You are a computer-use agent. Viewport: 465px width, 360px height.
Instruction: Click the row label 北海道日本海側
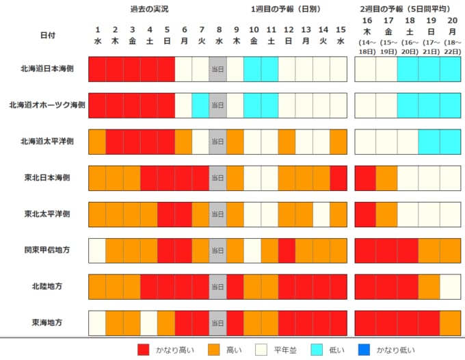(46, 69)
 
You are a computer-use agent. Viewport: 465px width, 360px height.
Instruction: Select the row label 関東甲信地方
(46, 250)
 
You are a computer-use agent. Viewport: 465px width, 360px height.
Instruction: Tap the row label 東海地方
(46, 322)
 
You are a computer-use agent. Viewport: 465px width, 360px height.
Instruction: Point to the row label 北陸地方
(46, 287)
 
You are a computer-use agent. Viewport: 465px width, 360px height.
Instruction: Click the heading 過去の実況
(148, 9)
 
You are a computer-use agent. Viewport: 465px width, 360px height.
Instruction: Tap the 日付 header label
(47, 35)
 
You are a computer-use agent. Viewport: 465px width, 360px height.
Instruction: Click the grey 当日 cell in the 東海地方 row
(217, 322)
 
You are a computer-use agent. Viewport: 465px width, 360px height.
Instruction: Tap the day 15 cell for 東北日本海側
(338, 178)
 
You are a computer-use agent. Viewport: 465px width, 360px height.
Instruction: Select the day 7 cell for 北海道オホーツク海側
(200, 105)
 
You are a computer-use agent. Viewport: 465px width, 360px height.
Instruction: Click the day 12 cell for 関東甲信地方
(287, 250)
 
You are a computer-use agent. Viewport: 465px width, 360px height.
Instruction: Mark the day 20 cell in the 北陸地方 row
(450, 287)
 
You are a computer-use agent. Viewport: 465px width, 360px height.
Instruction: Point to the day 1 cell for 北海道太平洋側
(97, 142)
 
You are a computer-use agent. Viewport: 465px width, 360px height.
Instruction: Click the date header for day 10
(253, 35)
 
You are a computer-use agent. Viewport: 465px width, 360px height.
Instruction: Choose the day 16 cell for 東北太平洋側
(366, 214)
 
